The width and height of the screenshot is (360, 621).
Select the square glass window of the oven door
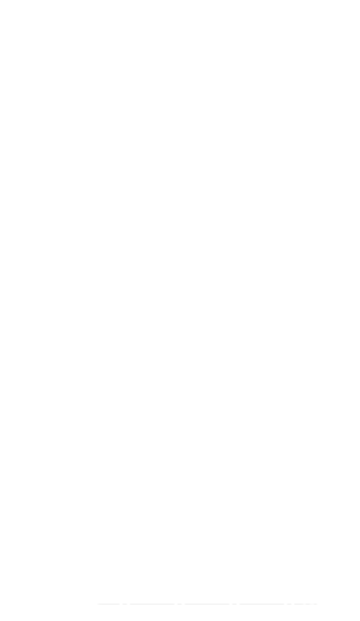click(x=201, y=238)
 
